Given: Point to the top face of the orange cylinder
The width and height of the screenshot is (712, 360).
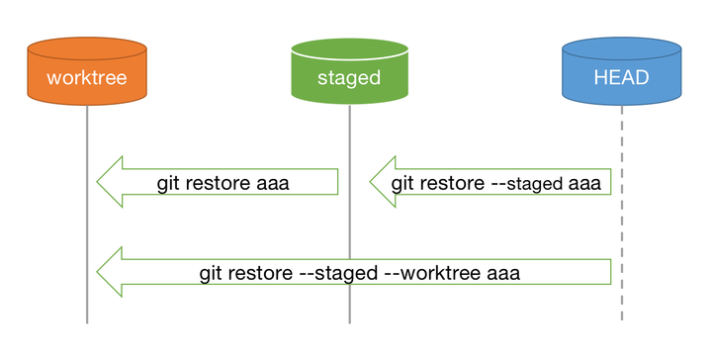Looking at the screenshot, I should (x=87, y=47).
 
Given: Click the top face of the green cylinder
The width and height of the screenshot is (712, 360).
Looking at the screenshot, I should (x=349, y=47).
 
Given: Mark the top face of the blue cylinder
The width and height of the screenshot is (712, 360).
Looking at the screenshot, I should (x=621, y=47).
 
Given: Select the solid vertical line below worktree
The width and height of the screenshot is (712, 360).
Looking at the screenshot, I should (x=87, y=227).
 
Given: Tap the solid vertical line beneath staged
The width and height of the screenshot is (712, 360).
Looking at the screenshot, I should (x=349, y=227).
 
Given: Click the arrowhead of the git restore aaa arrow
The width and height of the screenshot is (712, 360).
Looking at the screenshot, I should (x=111, y=182).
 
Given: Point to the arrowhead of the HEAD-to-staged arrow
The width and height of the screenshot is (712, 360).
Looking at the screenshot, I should (x=384, y=182).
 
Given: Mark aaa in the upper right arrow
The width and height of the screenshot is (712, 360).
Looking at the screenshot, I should (x=583, y=183).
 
